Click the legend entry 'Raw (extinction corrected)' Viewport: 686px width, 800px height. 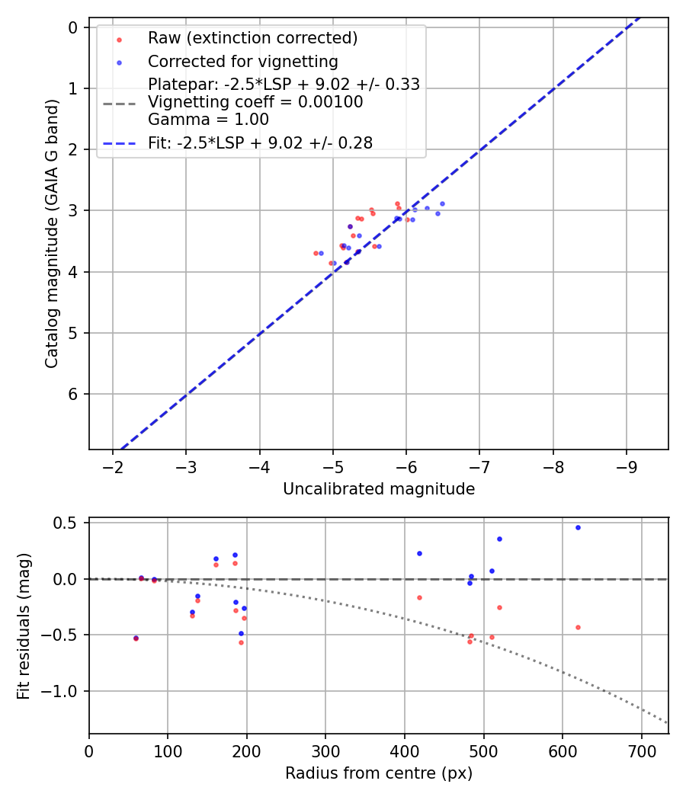click(252, 38)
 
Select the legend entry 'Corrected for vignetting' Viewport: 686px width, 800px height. click(242, 61)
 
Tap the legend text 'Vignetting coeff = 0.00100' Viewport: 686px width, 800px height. click(255, 102)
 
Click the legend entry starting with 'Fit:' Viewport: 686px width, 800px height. click(260, 142)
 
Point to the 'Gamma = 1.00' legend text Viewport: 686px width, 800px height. click(208, 120)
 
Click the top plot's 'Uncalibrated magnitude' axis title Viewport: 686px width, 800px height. click(379, 489)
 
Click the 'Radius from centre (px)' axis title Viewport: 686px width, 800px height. click(379, 773)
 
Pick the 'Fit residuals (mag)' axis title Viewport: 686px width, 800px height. click(24, 626)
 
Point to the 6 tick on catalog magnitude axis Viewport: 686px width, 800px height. click(74, 394)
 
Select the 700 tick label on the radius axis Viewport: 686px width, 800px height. click(641, 750)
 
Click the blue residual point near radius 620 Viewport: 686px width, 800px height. click(578, 527)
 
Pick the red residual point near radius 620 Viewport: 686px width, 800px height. click(578, 627)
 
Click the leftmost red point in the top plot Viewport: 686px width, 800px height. click(316, 253)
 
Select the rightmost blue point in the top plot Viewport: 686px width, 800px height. click(442, 203)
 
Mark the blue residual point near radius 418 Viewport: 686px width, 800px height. click(419, 553)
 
